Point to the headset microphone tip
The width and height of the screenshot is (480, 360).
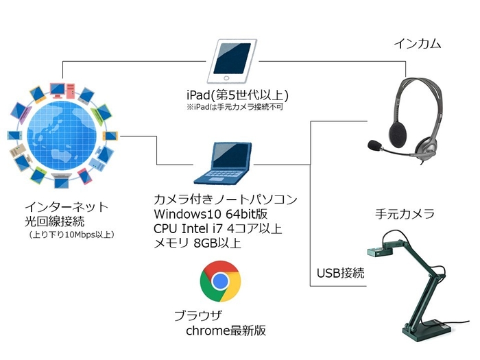(x=374, y=145)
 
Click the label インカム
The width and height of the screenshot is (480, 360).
(x=417, y=44)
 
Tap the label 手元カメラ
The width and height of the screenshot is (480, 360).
(x=404, y=214)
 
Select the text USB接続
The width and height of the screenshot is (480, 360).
(x=340, y=273)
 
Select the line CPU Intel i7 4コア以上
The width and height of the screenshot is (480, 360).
(x=217, y=228)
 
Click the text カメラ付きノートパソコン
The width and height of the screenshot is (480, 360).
(x=226, y=200)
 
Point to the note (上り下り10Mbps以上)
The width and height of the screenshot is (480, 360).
(x=71, y=235)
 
